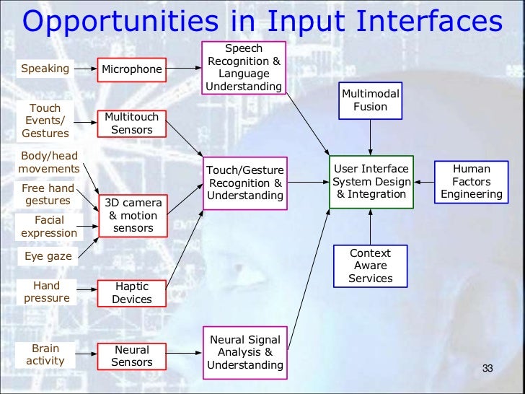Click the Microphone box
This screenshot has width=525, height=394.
132,70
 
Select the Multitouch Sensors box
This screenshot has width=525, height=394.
132,123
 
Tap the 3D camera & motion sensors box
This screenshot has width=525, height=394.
132,216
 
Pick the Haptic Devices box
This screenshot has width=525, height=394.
132,292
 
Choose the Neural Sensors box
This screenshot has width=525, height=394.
132,355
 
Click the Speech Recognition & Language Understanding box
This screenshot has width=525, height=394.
244,68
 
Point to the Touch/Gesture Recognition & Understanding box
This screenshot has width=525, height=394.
244,183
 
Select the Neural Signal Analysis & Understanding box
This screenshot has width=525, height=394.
244,352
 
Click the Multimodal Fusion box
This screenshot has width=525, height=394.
370,100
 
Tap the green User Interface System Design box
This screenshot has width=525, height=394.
371,182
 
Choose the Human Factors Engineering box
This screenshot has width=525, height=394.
471,182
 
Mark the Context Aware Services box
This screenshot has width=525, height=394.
370,266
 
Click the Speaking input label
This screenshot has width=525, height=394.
45,69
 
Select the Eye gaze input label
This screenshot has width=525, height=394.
48,255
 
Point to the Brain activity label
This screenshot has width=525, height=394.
45,354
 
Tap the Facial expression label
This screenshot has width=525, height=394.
49,227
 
